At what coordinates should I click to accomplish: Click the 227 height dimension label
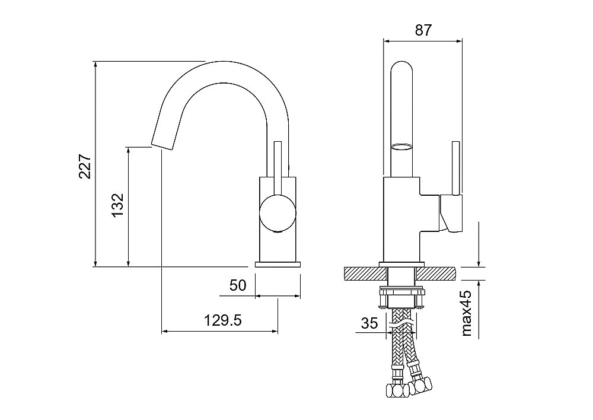[85, 166]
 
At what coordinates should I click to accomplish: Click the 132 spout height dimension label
[118, 205]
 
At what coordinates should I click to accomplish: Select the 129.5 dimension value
[223, 320]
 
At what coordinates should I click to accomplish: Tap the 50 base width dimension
[238, 285]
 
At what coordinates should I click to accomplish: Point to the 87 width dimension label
[423, 30]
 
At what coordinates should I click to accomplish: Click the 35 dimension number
[369, 323]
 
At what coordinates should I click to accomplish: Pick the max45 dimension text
[467, 313]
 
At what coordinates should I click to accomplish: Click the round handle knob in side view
[278, 212]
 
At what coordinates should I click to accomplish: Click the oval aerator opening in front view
[401, 147]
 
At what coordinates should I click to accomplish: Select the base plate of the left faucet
[278, 264]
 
